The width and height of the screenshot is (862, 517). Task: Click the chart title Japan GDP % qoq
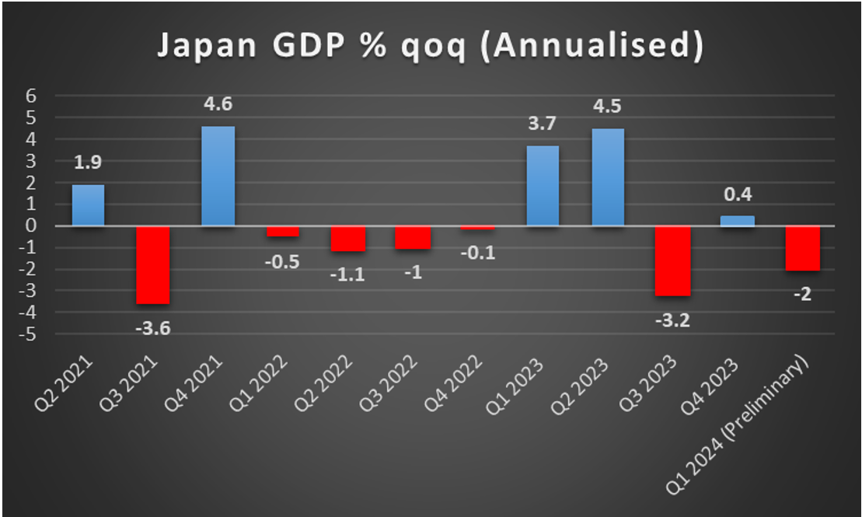click(431, 45)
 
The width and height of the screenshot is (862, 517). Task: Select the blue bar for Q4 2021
click(218, 176)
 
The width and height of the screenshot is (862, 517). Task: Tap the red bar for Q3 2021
click(153, 264)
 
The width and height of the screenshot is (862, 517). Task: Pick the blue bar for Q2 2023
click(607, 177)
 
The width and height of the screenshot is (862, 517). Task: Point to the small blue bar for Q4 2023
click(737, 221)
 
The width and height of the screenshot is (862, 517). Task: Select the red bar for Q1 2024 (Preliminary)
click(802, 248)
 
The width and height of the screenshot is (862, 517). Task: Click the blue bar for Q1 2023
click(543, 186)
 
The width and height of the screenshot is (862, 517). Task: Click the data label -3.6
click(152, 327)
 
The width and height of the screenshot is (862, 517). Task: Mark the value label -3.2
click(672, 320)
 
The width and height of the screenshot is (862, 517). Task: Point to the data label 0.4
click(737, 194)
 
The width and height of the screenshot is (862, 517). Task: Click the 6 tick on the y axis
click(32, 96)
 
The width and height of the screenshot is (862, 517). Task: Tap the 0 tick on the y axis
click(32, 226)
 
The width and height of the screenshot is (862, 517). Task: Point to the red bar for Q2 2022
click(347, 239)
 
